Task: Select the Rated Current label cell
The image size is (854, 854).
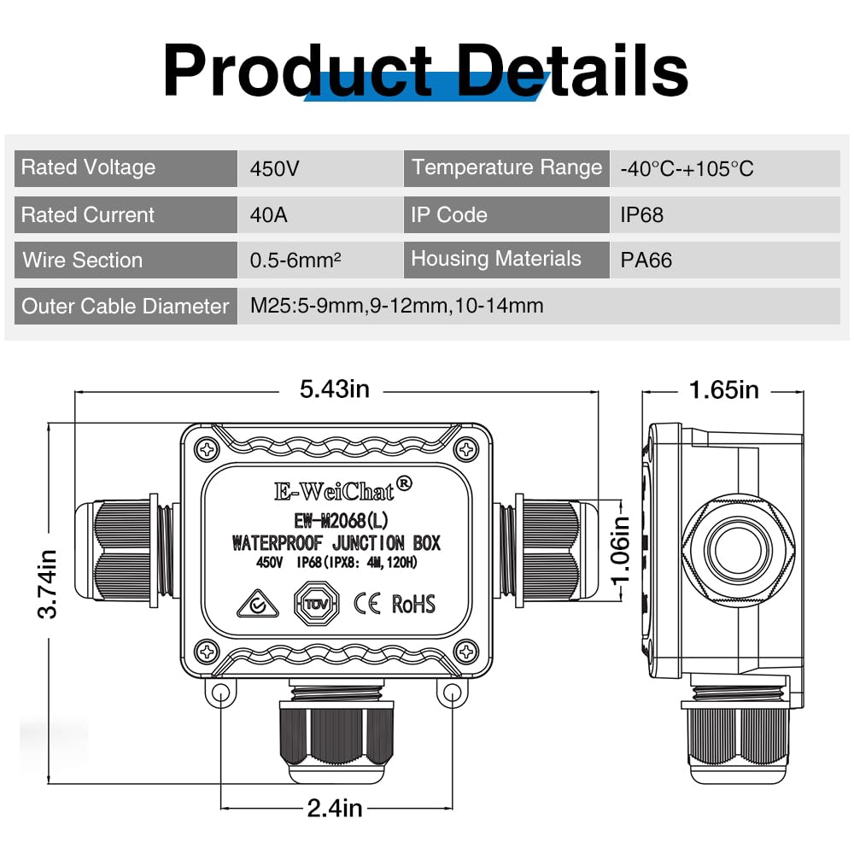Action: (x=125, y=214)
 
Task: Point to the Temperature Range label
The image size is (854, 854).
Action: (x=506, y=167)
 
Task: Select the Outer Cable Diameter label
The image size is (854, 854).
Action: (x=125, y=306)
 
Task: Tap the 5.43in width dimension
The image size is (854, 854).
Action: (x=334, y=389)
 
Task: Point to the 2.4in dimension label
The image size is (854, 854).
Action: (x=335, y=807)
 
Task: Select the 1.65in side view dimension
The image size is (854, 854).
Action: (x=723, y=389)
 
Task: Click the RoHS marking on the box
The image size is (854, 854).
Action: (x=413, y=604)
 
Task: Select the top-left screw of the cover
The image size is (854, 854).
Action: (x=207, y=447)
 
